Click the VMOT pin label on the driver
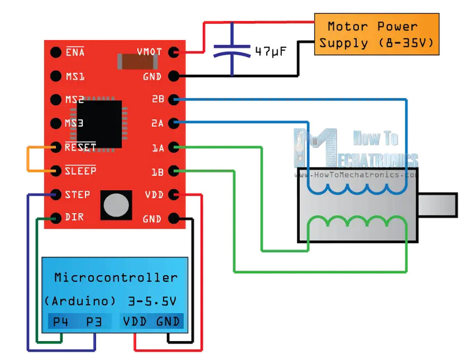(x=149, y=52)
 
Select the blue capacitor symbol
(x=233, y=51)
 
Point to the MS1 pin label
(x=75, y=76)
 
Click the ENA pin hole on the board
(x=56, y=52)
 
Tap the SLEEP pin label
(x=80, y=170)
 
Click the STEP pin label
(x=77, y=194)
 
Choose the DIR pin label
(x=74, y=217)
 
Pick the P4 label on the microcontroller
(x=60, y=322)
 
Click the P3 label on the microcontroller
(x=94, y=322)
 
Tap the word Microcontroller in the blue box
(x=116, y=278)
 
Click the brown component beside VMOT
(x=136, y=61)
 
